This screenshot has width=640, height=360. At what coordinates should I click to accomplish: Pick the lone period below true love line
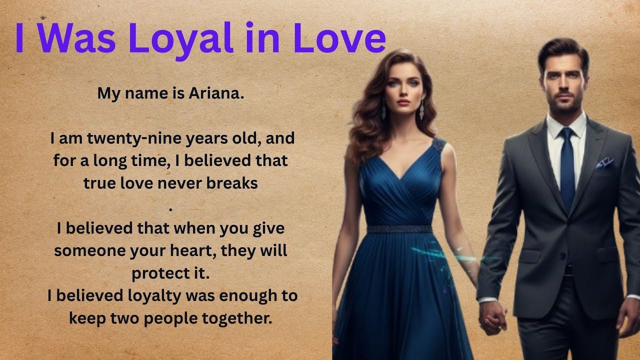pos(171,207)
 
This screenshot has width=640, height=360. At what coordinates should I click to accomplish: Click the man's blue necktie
pos(567,165)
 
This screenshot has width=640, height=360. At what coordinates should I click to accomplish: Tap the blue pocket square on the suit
pos(604,162)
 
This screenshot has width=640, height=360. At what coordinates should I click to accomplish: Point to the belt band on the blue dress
pos(399,229)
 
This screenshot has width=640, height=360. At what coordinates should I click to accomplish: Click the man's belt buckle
pos(567,270)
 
